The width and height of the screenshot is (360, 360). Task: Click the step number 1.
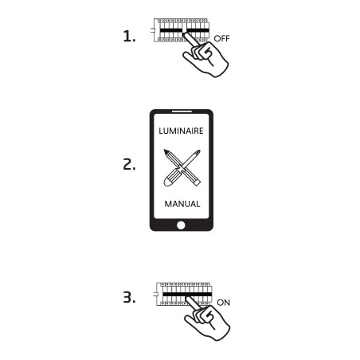129,36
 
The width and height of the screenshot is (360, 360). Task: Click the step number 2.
129,164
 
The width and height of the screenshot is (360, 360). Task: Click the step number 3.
129,297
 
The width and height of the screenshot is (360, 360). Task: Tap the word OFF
221,38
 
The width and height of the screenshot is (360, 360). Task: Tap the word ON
223,303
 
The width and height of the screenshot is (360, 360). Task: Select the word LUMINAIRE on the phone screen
181,131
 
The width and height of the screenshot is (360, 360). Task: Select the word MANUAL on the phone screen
182,204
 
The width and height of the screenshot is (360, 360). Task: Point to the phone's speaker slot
182,112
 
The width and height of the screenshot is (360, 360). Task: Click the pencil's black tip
166,152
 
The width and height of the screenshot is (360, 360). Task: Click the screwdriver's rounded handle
170,180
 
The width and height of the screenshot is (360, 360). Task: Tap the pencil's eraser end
197,182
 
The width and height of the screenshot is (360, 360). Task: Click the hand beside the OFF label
205,56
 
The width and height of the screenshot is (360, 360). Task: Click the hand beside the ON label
207,319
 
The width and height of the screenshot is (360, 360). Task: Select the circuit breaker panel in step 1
182,30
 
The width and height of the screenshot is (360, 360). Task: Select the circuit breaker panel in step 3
184,294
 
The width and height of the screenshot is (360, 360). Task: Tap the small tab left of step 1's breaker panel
152,30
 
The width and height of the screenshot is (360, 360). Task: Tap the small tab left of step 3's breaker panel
155,294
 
